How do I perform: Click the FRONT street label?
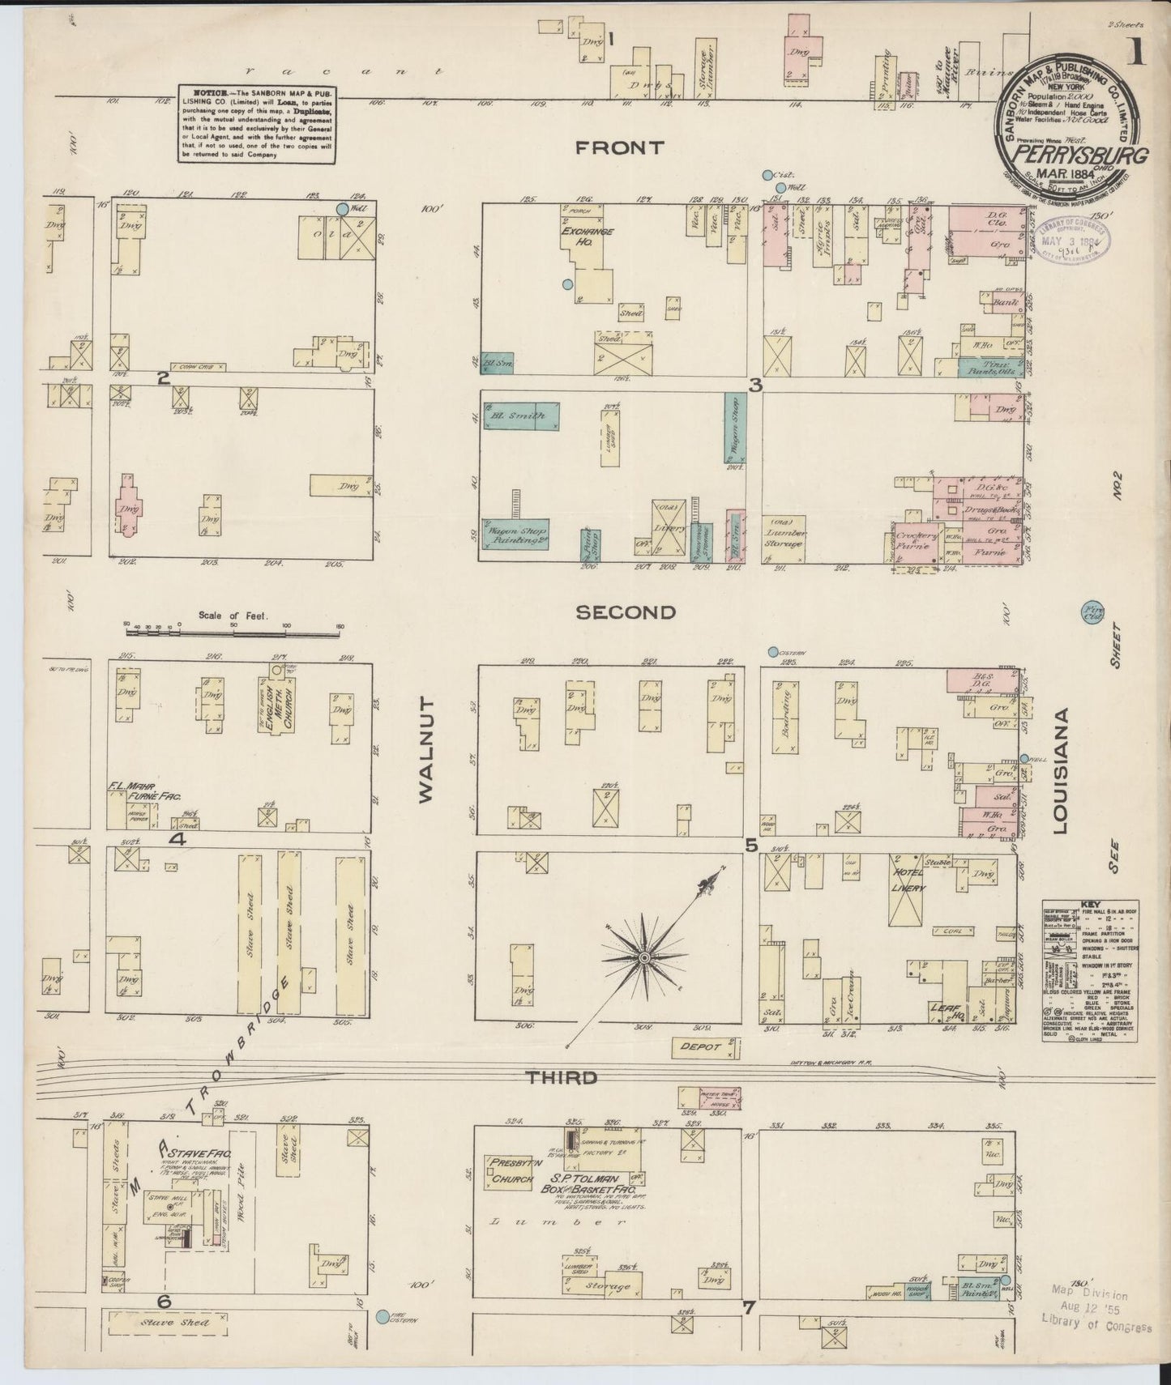tap(620, 147)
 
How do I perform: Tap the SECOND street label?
tap(625, 612)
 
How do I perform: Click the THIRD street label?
tap(562, 1077)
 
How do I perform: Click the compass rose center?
tap(643, 957)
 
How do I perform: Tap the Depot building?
tap(705, 1048)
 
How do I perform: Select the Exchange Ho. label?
tap(586, 236)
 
